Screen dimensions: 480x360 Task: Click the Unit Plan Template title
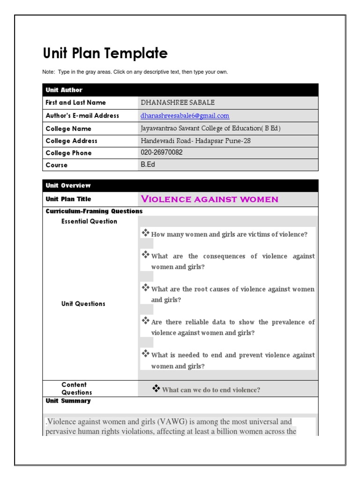(x=105, y=53)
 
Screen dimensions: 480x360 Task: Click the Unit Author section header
(x=64, y=90)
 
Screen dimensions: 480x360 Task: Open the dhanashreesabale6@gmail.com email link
(x=185, y=115)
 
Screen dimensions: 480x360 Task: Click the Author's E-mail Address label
(x=82, y=116)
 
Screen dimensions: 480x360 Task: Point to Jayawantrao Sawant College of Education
(x=210, y=128)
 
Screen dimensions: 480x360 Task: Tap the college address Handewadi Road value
(x=195, y=141)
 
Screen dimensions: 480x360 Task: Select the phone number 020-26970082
(x=162, y=153)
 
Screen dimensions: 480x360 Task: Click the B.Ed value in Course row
(x=148, y=165)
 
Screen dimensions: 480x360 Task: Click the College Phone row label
(x=68, y=153)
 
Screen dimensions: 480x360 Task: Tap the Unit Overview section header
(x=68, y=186)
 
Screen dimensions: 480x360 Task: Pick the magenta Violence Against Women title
(x=210, y=199)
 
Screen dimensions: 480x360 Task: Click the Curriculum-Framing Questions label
(x=94, y=211)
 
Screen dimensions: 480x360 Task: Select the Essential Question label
(x=89, y=221)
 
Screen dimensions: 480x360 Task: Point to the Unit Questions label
(x=83, y=304)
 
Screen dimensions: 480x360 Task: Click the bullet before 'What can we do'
(x=156, y=388)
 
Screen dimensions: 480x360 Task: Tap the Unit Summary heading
(x=68, y=401)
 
